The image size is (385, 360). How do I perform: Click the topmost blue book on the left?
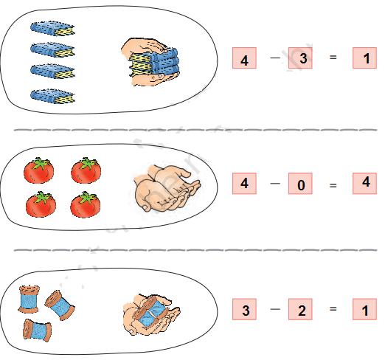[52, 29]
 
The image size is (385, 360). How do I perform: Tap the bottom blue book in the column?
[52, 96]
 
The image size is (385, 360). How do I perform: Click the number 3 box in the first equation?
[300, 58]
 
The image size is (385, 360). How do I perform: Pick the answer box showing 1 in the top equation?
[364, 58]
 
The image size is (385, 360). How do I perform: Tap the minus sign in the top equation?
[275, 58]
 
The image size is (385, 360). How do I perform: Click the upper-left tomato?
[38, 170]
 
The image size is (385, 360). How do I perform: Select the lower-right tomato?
[86, 204]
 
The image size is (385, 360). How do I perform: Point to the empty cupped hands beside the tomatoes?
[167, 188]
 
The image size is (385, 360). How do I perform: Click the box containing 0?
[300, 184]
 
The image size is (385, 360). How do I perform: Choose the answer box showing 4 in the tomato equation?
[364, 184]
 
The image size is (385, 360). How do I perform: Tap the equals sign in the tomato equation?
[333, 185]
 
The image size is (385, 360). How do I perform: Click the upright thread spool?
[29, 299]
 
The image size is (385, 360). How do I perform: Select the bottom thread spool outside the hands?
[38, 330]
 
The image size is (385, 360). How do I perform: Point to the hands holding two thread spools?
[151, 315]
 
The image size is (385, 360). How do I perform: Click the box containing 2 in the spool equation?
[300, 309]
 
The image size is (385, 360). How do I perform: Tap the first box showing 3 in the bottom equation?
[244, 309]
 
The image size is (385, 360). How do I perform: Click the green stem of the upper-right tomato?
[87, 163]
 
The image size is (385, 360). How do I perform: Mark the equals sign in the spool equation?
[333, 308]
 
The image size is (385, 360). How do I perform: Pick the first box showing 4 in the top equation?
[244, 58]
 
